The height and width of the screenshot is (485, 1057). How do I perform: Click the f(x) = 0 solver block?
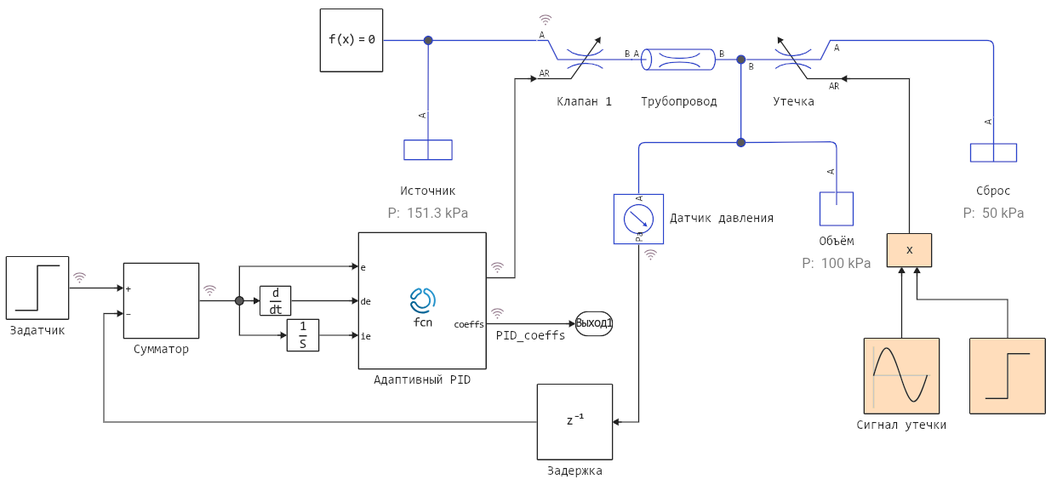[x=351, y=40]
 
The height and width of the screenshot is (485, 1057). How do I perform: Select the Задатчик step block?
[x=37, y=288]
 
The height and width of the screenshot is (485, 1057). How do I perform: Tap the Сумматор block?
[x=162, y=301]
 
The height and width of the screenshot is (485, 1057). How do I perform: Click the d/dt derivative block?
[x=276, y=300]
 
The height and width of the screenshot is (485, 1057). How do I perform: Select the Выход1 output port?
[x=594, y=323]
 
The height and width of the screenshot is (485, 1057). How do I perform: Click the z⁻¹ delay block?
[x=574, y=421]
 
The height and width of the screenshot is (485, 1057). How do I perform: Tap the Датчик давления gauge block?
[x=638, y=219]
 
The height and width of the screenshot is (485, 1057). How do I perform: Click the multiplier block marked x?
[x=909, y=250]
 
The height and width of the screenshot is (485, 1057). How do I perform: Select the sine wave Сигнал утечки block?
[x=901, y=375]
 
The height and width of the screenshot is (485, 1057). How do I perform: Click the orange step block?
[x=1008, y=375]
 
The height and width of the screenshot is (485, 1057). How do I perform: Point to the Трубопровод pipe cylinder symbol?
[x=678, y=60]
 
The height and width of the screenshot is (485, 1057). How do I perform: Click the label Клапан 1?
[x=585, y=101]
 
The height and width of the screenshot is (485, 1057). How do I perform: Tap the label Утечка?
[x=793, y=101]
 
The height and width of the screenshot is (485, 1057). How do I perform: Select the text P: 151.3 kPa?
[x=428, y=213]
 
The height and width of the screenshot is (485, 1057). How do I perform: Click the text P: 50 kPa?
[x=994, y=213]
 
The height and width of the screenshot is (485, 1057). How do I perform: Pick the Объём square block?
[x=836, y=208]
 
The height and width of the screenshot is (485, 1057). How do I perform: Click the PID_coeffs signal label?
[x=531, y=335]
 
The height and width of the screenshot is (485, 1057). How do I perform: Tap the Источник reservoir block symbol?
[x=428, y=150]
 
